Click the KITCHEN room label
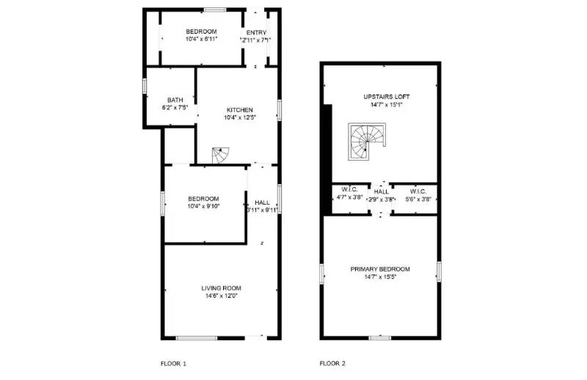coord(239,110)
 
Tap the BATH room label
coord(175,101)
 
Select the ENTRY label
coord(256,32)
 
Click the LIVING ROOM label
coord(222,288)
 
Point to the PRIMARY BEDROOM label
coord(381,269)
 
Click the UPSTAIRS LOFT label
coord(387,97)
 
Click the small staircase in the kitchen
coord(222,155)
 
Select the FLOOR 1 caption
coord(174,363)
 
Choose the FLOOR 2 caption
coord(332,363)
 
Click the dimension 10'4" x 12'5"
coord(239,117)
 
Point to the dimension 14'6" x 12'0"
coord(222,296)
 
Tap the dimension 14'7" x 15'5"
coord(381,277)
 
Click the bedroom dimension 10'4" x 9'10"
coord(203,206)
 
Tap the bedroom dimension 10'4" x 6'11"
coord(201,39)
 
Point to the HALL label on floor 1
coord(262,202)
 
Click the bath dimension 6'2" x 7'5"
coord(175,108)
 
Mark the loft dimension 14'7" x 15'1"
coord(387,105)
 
